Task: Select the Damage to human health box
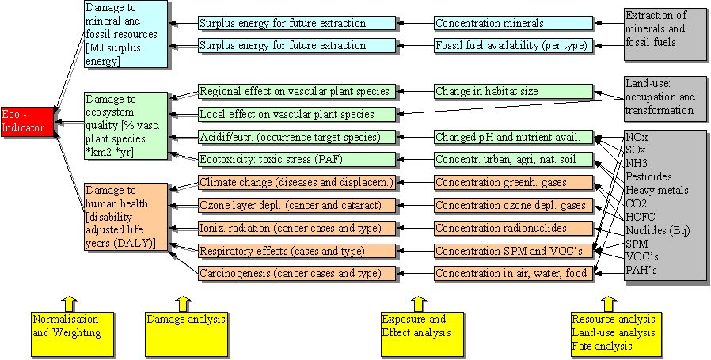click(x=126, y=217)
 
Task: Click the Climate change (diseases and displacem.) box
click(x=296, y=183)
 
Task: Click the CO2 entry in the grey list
click(x=637, y=203)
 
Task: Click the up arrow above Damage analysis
click(x=182, y=302)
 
